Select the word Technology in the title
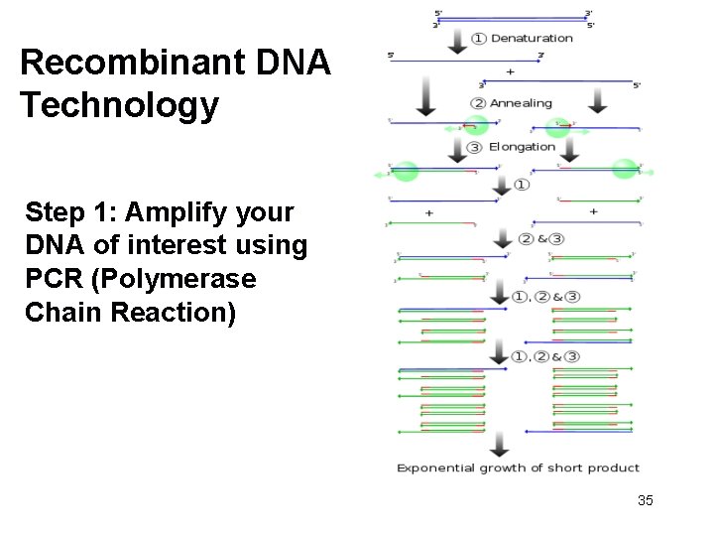point(119,104)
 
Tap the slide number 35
point(646,500)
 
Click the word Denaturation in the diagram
point(532,38)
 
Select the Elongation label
point(522,147)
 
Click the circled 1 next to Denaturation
point(478,38)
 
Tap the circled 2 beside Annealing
point(478,103)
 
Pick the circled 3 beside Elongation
point(474,147)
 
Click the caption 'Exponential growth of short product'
point(518,468)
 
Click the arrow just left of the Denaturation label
point(456,38)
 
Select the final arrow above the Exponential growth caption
point(499,444)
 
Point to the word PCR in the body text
point(55,280)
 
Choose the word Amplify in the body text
point(169,212)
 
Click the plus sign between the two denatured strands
point(510,71)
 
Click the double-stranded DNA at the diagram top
point(513,18)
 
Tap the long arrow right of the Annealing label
point(597,101)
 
